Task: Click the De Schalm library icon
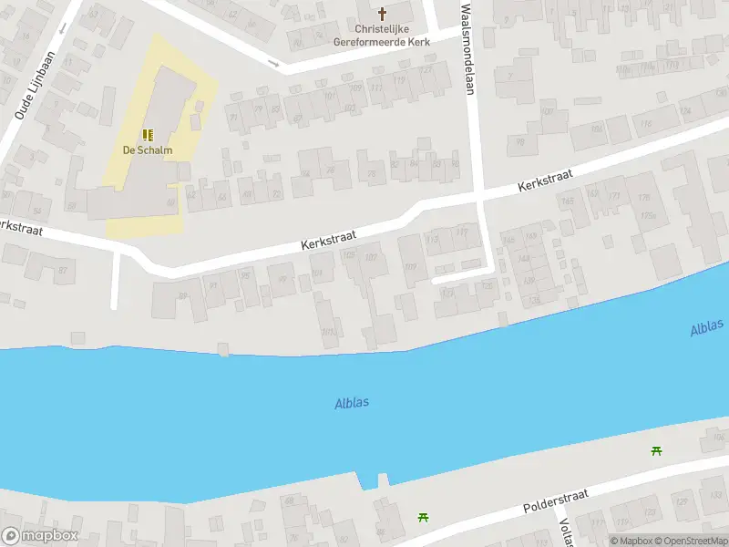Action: (147, 134)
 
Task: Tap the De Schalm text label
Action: (148, 150)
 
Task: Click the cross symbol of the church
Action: (382, 14)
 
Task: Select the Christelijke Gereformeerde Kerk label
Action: (382, 35)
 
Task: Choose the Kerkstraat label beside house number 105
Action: (329, 241)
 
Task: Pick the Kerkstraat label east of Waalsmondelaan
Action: (543, 178)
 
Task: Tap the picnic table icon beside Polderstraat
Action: (423, 517)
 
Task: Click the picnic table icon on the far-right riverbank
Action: (656, 450)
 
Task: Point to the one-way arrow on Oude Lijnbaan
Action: (63, 28)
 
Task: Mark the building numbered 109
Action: (410, 266)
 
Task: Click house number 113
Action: (432, 239)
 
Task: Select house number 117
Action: (461, 232)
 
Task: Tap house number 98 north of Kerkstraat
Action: (454, 164)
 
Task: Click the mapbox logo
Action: (40, 536)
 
